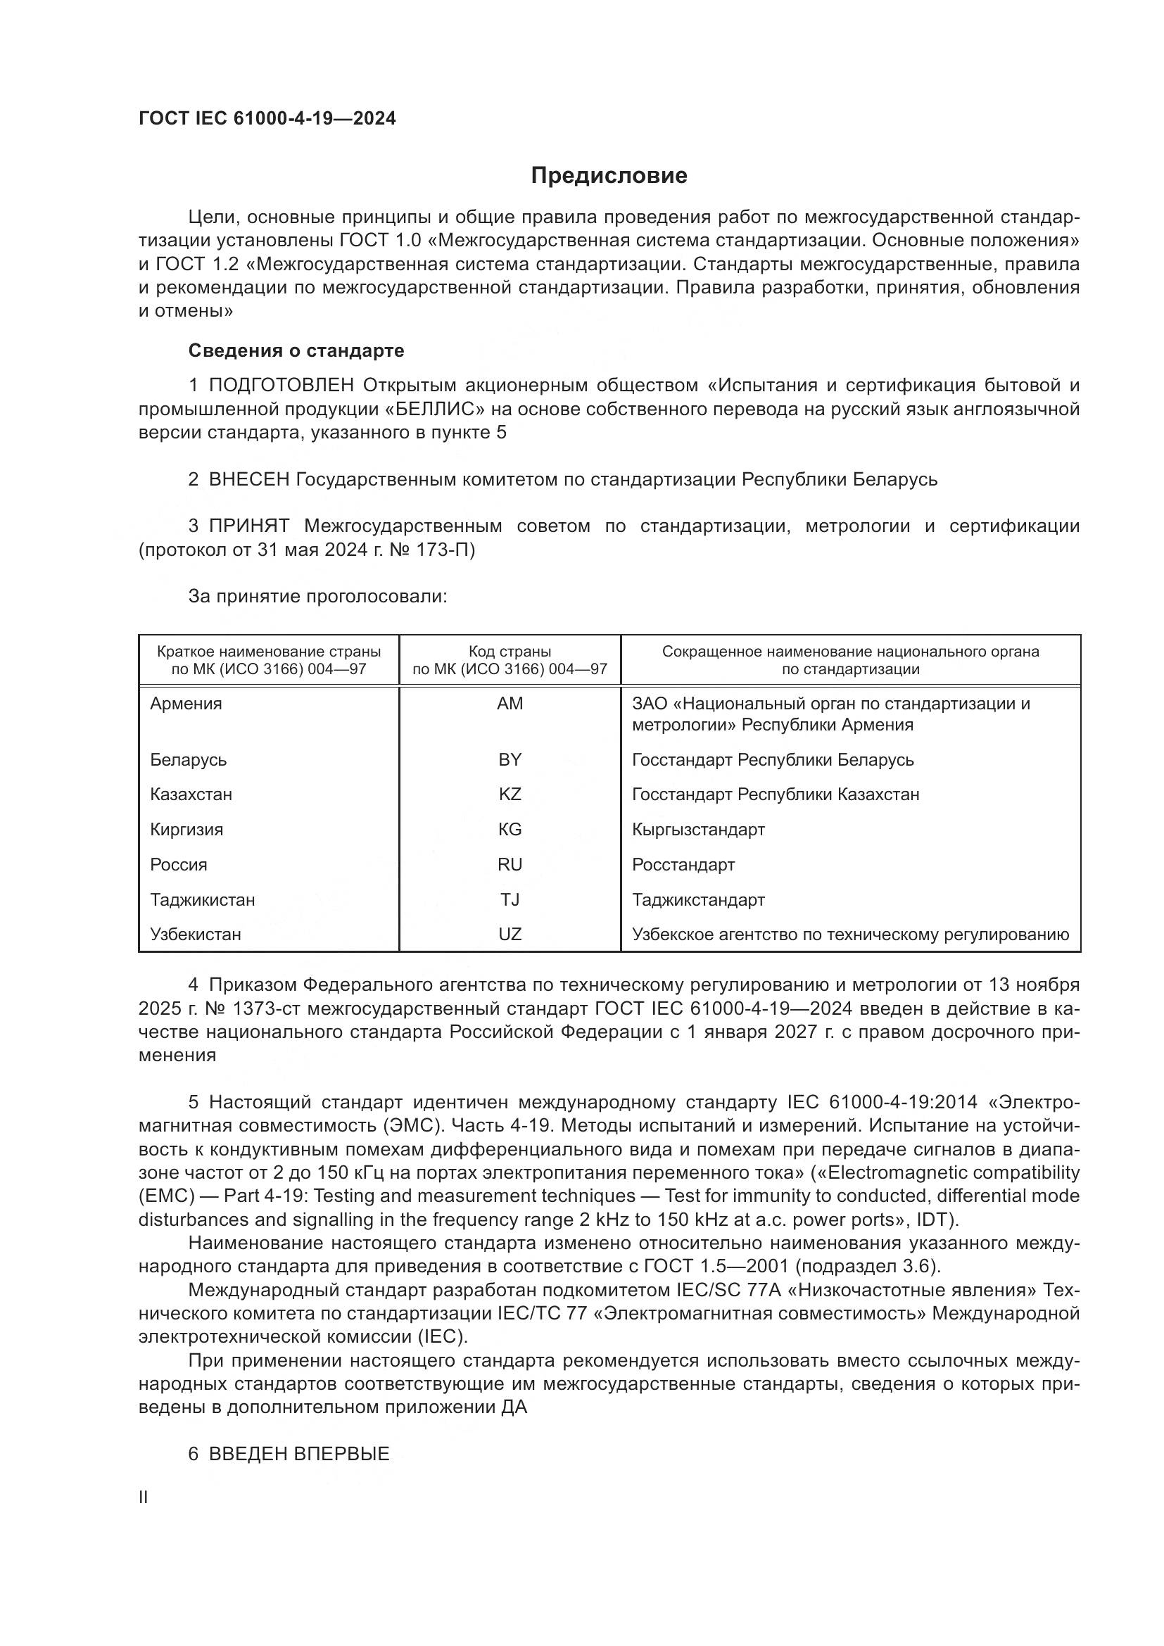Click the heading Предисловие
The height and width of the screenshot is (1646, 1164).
609,176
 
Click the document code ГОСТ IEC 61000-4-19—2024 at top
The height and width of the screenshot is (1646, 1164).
267,119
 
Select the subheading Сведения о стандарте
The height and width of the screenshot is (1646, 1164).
296,350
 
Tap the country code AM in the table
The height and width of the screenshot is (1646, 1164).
510,703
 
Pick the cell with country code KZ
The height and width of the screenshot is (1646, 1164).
510,794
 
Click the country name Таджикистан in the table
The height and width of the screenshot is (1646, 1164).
202,900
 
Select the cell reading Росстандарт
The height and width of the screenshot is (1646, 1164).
683,865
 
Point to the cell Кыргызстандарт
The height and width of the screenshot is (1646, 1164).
698,830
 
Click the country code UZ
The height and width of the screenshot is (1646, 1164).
510,934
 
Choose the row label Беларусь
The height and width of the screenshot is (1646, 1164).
188,759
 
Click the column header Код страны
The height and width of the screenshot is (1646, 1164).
510,652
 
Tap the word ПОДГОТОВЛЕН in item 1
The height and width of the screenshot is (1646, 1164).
281,386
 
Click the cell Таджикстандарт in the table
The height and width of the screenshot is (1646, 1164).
698,900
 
